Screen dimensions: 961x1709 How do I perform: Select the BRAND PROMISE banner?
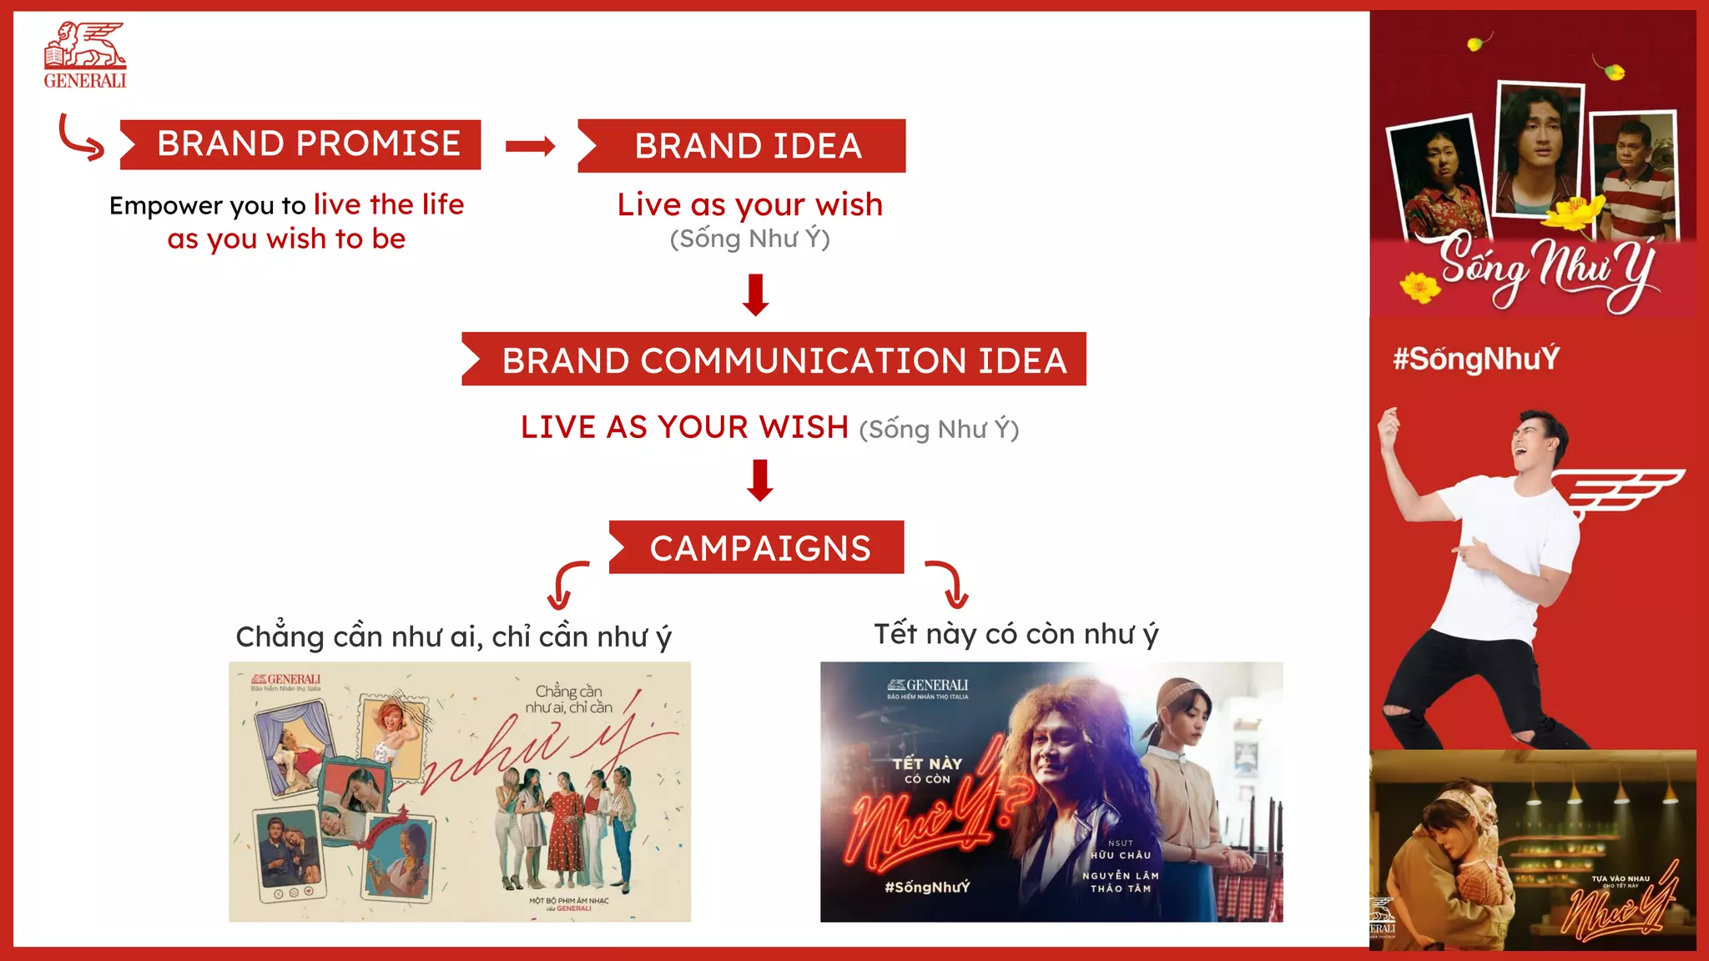[x=300, y=144]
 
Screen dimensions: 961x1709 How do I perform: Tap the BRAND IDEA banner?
[x=742, y=146]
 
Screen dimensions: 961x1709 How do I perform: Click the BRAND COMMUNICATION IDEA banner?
[x=774, y=360]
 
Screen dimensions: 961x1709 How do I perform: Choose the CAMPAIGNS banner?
[x=756, y=547]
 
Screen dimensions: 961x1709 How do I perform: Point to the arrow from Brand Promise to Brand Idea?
[x=530, y=147]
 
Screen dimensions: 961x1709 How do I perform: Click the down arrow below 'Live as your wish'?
[x=755, y=294]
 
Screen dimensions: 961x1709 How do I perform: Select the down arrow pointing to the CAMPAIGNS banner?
[x=759, y=480]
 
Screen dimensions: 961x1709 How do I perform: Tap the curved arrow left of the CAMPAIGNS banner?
[x=565, y=585]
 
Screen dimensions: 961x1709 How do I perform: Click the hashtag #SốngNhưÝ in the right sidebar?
[x=1475, y=359]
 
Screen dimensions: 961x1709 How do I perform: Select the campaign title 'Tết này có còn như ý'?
[x=1016, y=634]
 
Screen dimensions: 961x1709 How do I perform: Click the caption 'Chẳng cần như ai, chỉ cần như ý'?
[x=453, y=636]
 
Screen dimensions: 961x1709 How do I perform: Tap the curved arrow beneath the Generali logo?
[x=80, y=138]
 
